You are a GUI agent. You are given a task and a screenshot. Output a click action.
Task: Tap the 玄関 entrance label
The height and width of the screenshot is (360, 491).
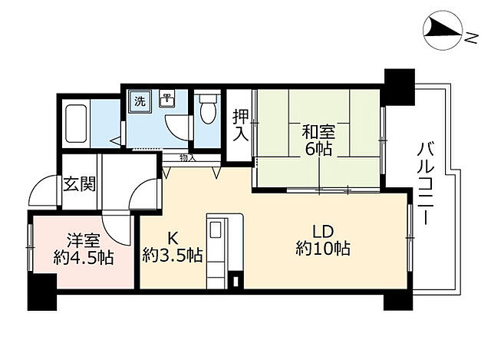tap(79, 184)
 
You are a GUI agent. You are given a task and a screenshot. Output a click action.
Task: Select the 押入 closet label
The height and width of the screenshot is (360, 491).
tap(239, 125)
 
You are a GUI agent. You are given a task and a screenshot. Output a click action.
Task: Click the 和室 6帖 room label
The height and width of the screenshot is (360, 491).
tap(318, 138)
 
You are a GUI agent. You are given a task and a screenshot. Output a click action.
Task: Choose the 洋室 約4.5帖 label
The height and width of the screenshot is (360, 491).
tap(84, 248)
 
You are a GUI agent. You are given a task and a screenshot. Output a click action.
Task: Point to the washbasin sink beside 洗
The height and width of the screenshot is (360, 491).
tap(166, 101)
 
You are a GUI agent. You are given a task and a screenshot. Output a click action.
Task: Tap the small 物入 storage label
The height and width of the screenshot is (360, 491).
tap(187, 158)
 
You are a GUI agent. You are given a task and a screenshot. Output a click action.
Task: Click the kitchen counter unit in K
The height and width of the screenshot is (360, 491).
tap(217, 250)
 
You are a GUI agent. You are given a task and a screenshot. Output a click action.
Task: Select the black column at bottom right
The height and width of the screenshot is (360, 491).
tap(397, 296)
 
